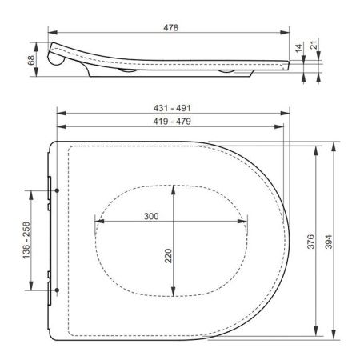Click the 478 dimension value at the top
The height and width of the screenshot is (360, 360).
tap(169, 27)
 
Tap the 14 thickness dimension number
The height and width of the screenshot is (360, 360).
tap(299, 49)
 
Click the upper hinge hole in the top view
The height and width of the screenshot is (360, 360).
tap(58, 190)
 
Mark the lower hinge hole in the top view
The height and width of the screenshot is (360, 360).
tap(58, 290)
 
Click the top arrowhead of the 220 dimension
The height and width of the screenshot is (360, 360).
tap(173, 189)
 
